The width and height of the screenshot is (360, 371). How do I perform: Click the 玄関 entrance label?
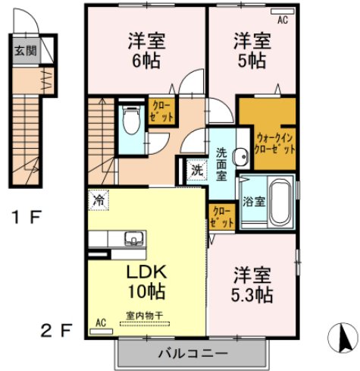(26, 51)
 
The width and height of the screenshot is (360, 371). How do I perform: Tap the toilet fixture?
(131, 119)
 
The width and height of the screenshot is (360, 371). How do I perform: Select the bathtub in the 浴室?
(280, 202)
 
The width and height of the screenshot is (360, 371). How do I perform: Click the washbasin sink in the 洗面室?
(241, 156)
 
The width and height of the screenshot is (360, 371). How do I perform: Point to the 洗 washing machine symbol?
(197, 170)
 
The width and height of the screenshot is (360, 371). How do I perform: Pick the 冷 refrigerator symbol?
(99, 200)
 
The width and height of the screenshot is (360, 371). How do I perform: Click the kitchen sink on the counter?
(133, 238)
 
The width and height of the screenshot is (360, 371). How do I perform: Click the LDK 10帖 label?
(146, 281)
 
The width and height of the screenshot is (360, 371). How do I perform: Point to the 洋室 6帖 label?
(146, 51)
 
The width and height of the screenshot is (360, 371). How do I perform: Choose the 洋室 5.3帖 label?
(252, 285)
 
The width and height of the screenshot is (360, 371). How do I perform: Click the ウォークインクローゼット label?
(274, 143)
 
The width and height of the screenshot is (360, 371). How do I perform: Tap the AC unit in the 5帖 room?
(282, 11)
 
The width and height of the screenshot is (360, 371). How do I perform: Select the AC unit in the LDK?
(102, 332)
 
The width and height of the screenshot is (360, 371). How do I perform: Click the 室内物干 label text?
(144, 316)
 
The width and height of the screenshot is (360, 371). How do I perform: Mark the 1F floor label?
(27, 217)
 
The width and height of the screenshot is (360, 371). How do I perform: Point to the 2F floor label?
(57, 330)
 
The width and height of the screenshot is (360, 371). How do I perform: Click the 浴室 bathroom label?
(254, 202)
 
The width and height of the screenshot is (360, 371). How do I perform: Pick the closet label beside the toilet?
(161, 112)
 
